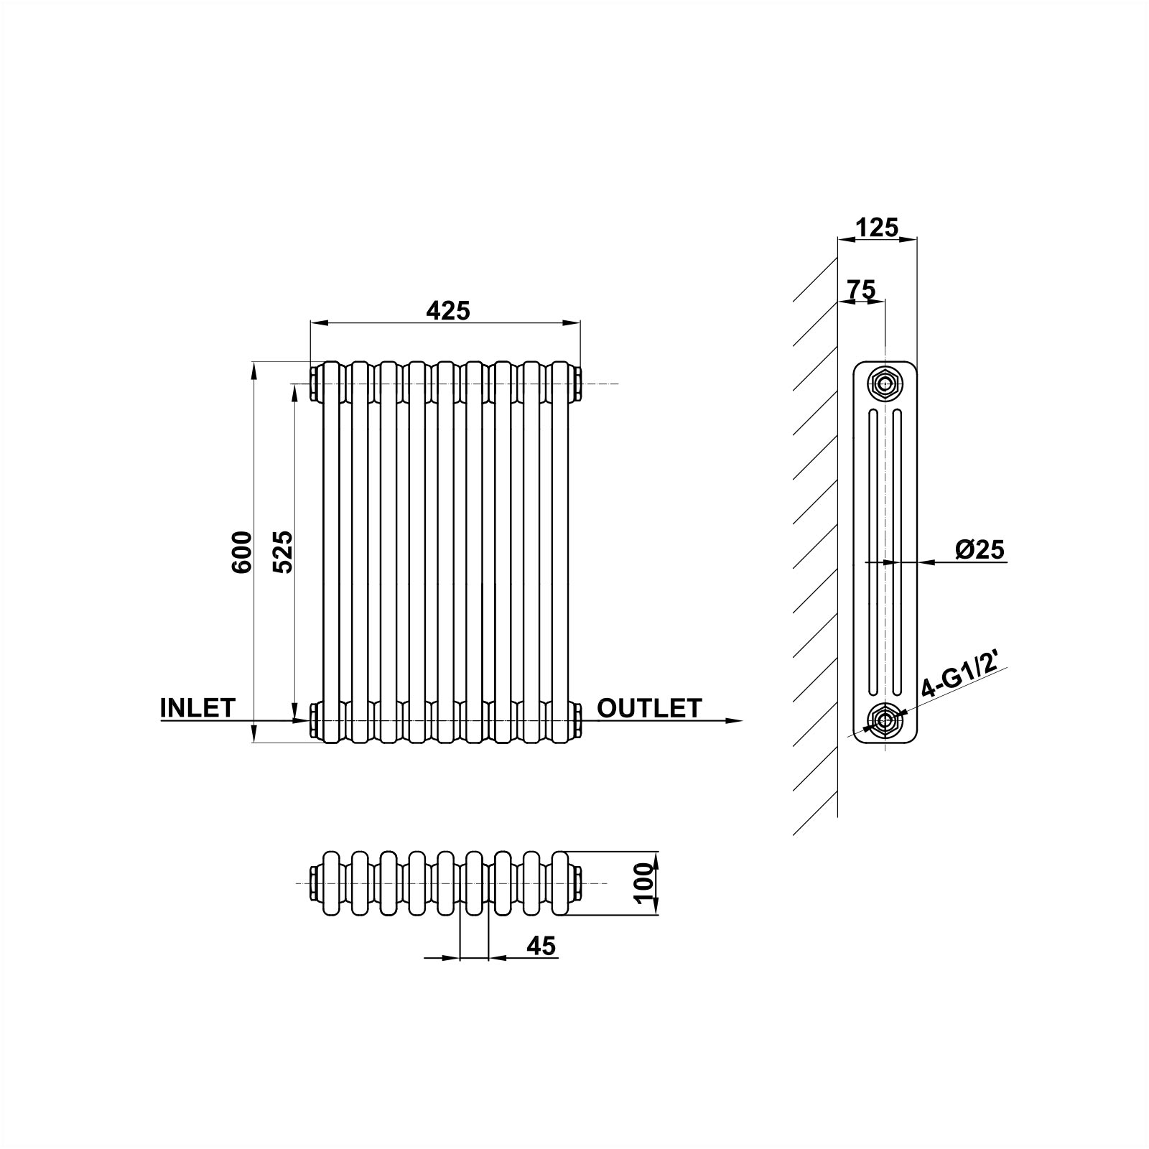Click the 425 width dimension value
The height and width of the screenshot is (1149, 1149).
tap(447, 310)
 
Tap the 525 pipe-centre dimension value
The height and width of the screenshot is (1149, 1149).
tap(283, 552)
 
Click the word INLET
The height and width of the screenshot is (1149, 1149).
tap(197, 707)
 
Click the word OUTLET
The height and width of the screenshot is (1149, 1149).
tap(649, 707)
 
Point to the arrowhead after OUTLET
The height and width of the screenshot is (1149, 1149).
tap(732, 720)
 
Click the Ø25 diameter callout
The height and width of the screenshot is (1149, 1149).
tap(980, 549)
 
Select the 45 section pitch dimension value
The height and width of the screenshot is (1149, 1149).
tap(541, 946)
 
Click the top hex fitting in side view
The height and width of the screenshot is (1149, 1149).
tap(885, 383)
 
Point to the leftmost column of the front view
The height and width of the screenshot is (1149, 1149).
tap(332, 552)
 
